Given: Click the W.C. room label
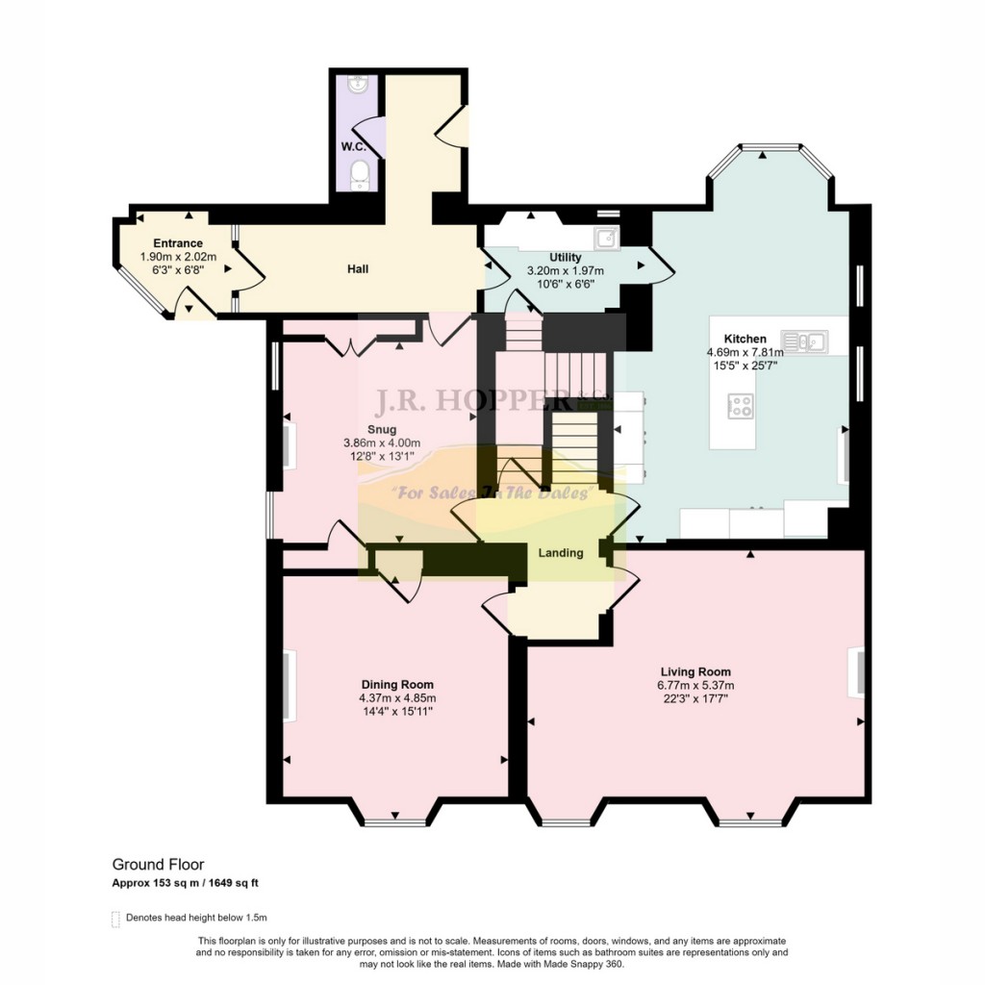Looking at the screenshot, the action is [x=354, y=147].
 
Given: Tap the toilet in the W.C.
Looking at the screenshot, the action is [x=360, y=174].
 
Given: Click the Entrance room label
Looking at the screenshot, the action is [x=178, y=243].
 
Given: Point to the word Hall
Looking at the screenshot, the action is [x=358, y=269].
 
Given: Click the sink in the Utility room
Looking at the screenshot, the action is [x=607, y=239].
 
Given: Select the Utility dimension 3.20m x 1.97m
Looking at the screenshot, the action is [x=566, y=270].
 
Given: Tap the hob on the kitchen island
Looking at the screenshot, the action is [x=740, y=405].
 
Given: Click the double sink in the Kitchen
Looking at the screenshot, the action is [x=804, y=341].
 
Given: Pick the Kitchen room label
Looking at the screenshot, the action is [x=745, y=339].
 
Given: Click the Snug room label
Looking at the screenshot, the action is [x=382, y=430].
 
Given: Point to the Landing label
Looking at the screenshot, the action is [x=561, y=553].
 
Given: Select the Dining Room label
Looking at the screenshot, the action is [x=397, y=685].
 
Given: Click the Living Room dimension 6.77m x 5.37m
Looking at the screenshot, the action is [x=695, y=686].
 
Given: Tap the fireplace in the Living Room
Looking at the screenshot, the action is [x=857, y=672].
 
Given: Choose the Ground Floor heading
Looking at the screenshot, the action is [x=159, y=865].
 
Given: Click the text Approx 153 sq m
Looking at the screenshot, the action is [x=156, y=883].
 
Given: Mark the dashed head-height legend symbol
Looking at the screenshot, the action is [x=115, y=919].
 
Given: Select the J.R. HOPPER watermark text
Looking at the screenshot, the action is [x=474, y=401].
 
